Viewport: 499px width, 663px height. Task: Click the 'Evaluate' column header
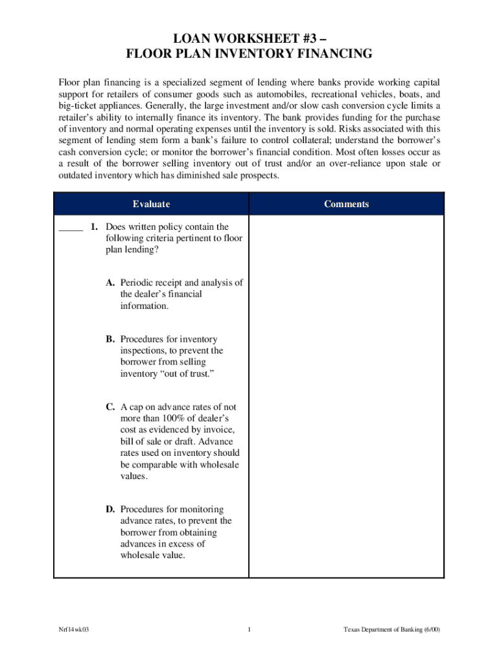[x=151, y=204]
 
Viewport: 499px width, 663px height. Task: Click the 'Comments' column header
[x=346, y=204]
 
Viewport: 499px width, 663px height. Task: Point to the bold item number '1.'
[x=94, y=227]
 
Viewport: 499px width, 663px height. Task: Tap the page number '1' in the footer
[x=249, y=629]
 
